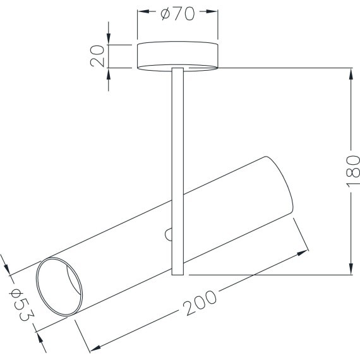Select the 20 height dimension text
pos(97,56)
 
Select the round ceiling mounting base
pos(178,56)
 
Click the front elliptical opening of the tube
pos(59,287)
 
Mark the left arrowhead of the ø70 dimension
pos(141,13)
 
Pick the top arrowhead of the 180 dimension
pos(351,73)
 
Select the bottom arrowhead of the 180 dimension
pos(351,270)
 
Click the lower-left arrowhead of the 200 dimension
pos(95,347)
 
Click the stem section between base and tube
pos(177,126)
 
